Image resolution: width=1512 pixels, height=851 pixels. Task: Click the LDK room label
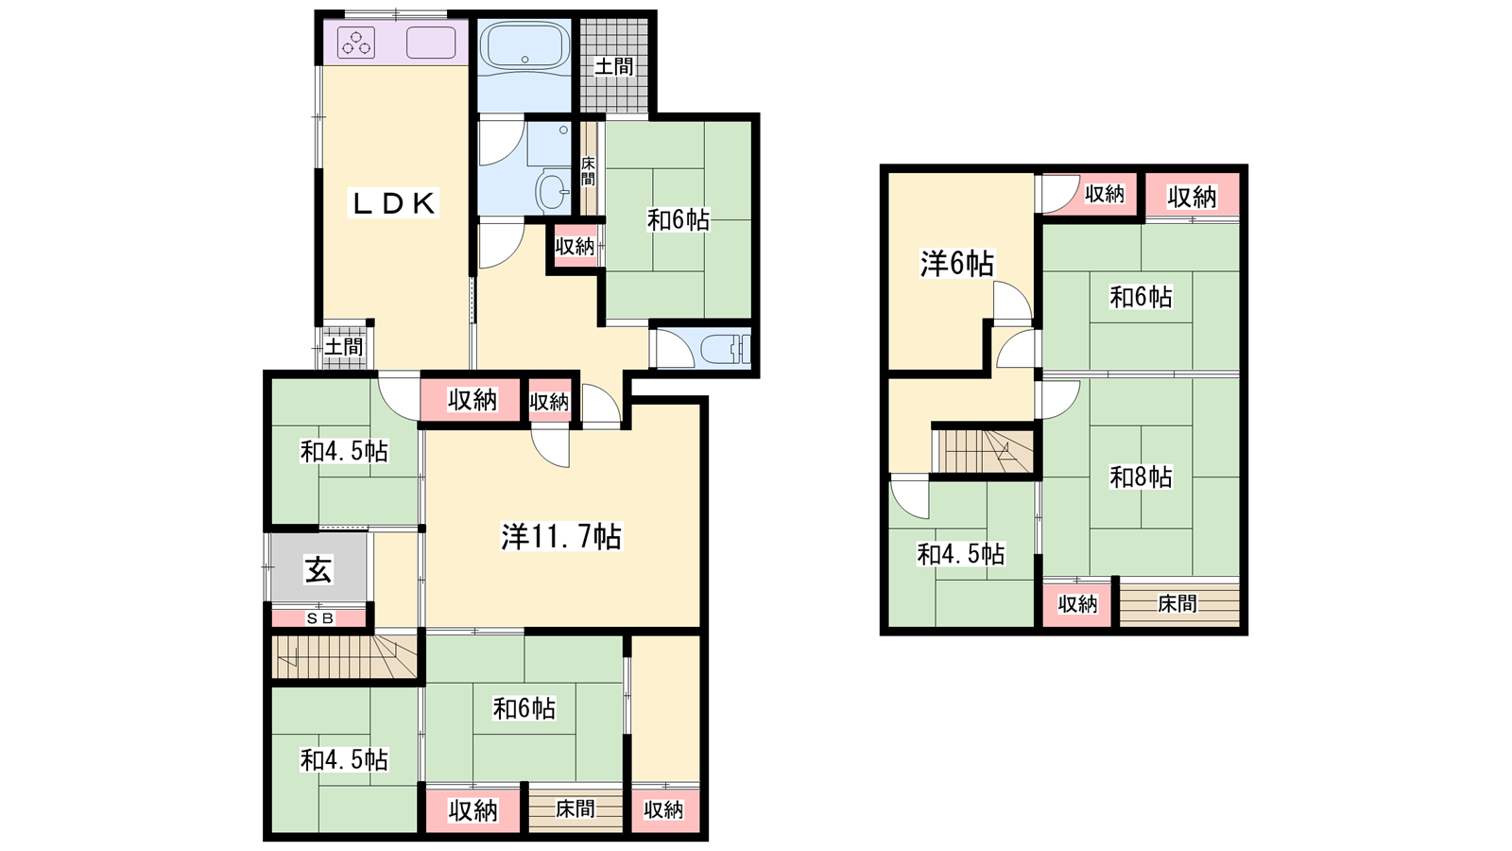393,203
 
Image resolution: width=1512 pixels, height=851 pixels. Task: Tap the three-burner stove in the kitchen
356,42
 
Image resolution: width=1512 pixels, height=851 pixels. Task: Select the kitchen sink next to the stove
431,42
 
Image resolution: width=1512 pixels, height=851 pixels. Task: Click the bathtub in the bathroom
524,46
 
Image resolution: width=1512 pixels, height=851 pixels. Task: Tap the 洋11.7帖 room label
561,537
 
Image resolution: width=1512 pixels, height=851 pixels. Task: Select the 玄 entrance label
318,568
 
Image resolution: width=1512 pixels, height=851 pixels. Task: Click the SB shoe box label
320,618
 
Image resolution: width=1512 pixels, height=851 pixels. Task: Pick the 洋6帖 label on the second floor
957,264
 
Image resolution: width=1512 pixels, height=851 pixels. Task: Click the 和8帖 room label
1141,478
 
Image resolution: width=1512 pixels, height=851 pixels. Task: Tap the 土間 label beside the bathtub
614,66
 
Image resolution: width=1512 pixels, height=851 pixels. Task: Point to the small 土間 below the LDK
344,347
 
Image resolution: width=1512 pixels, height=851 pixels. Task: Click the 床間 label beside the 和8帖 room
1177,603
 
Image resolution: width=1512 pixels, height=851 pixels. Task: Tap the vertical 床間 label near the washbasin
588,171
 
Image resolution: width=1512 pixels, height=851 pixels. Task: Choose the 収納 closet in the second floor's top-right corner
1193,197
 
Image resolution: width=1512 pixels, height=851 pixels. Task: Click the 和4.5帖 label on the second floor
961,554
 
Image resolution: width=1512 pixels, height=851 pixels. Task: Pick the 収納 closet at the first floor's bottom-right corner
664,809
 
